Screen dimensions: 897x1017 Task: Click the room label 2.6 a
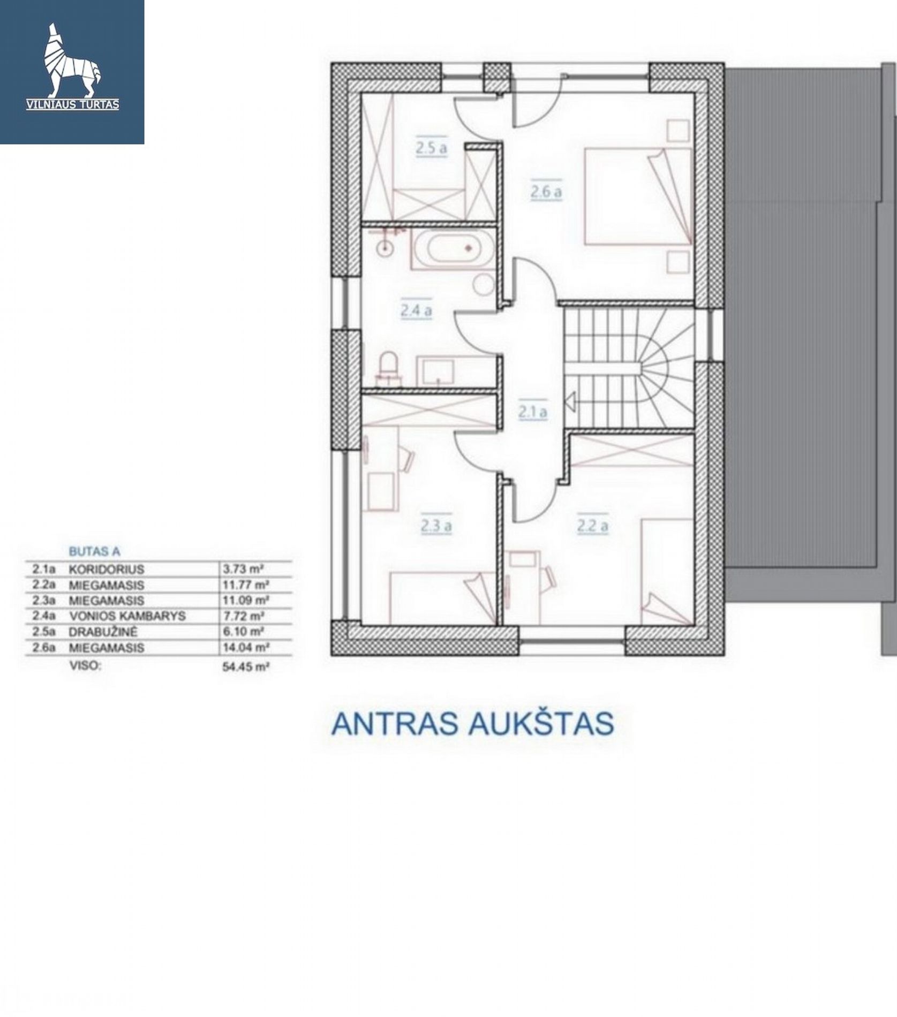coord(546,192)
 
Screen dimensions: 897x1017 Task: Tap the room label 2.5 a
coord(431,148)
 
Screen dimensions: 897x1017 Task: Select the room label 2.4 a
coord(416,310)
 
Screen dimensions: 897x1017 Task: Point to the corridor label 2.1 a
coord(532,412)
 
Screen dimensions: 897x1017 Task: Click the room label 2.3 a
coord(436,526)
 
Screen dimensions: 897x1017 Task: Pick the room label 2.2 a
coord(593,526)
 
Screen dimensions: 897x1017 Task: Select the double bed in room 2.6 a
coord(638,196)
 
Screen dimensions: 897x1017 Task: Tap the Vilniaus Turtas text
coord(73,104)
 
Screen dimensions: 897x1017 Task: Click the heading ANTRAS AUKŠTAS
coord(472,724)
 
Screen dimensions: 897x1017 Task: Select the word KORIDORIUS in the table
coord(107,569)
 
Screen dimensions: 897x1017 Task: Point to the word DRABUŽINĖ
coord(103,632)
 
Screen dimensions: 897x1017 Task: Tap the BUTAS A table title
coord(95,551)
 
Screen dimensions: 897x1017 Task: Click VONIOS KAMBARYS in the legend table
coord(127,616)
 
